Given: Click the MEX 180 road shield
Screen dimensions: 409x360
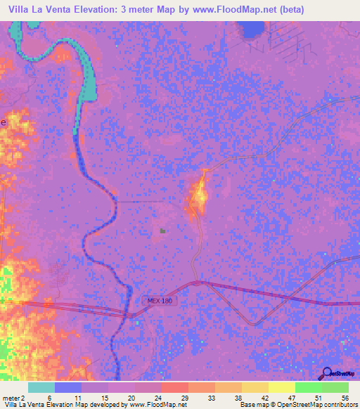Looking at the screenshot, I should pos(159,301).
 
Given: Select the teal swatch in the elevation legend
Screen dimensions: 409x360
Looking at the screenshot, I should pos(41,387).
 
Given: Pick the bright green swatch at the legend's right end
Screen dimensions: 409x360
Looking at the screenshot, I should pos(335,387).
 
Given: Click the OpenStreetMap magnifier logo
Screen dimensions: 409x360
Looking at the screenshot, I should pos(327,373).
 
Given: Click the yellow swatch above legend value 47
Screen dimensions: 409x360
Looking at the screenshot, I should pos(281,387).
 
